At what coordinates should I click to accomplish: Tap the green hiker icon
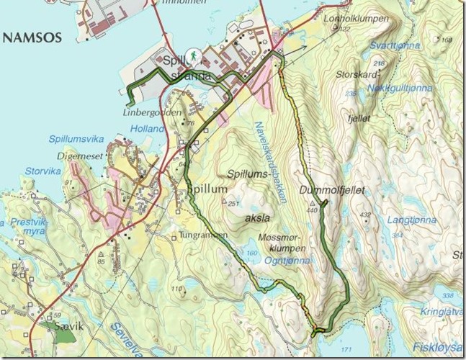(x=193, y=55)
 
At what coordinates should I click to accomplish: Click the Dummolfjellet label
(x=336, y=190)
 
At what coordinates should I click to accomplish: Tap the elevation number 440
(x=311, y=210)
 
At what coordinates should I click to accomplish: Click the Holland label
(x=148, y=129)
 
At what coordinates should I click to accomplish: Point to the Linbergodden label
(x=151, y=112)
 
